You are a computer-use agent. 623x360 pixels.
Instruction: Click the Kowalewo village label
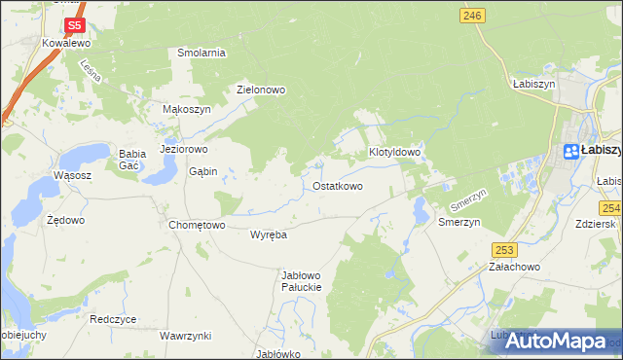click(66, 44)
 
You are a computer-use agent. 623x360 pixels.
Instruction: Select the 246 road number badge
click(473, 15)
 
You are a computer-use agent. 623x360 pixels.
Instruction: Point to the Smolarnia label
click(202, 53)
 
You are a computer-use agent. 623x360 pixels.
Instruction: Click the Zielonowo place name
click(261, 90)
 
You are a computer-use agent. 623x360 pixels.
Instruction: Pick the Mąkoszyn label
click(186, 110)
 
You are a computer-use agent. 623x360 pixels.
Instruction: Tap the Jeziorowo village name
click(184, 150)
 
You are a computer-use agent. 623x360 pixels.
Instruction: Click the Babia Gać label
click(131, 159)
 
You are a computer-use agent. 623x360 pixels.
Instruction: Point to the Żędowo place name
click(66, 220)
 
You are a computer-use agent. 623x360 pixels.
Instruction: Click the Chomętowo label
click(198, 225)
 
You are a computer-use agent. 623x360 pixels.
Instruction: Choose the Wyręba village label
click(268, 235)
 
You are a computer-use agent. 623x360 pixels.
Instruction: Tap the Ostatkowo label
click(338, 185)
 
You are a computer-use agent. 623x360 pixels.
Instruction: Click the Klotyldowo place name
click(394, 153)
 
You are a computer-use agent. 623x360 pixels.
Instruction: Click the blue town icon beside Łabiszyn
click(571, 151)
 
